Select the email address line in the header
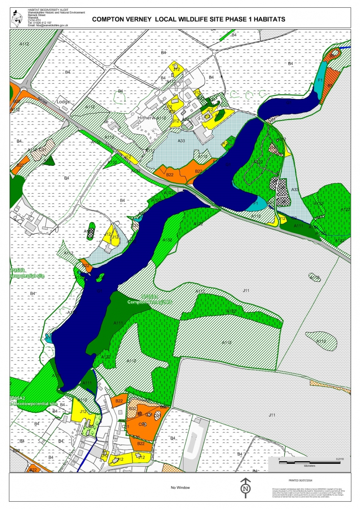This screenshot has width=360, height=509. point(48,25)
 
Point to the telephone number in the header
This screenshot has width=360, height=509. point(40,23)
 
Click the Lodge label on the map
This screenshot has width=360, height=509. point(63,102)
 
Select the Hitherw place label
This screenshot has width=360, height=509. point(146,118)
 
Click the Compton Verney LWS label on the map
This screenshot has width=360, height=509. point(149,302)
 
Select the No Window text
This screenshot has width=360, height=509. point(180,488)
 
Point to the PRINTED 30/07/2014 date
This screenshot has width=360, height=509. point(300,481)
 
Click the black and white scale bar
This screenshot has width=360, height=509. point(309,462)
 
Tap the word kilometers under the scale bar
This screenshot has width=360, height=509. point(309,466)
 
